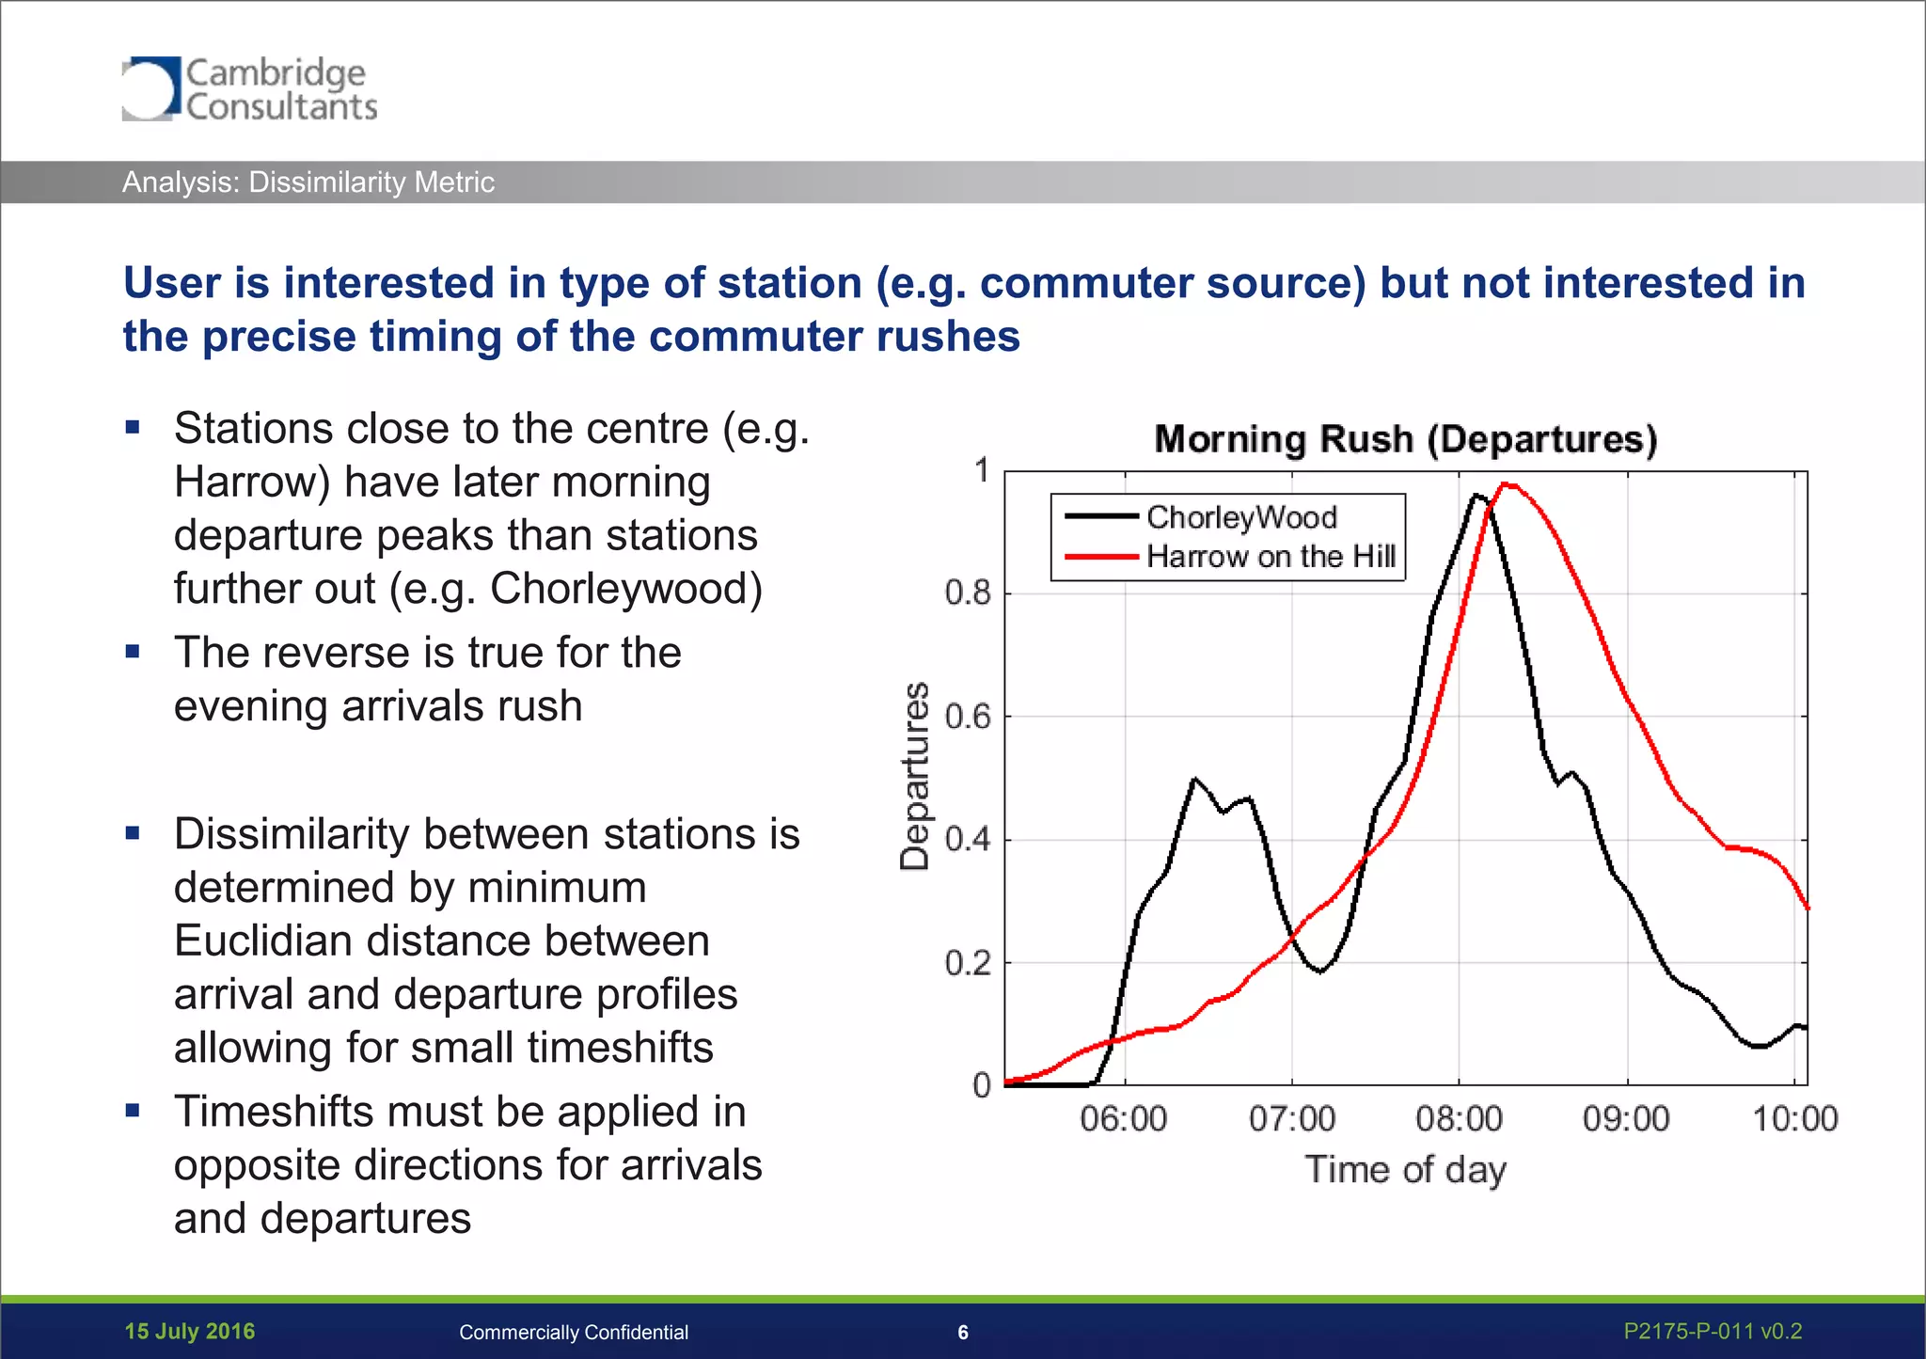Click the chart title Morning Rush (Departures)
point(1405,439)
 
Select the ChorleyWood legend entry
point(1240,516)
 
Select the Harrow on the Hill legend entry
point(1270,557)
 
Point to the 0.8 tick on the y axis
point(968,593)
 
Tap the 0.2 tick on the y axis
point(968,963)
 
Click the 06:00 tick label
point(1124,1119)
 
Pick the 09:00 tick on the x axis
point(1626,1119)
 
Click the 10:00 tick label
point(1794,1119)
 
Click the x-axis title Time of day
point(1405,1170)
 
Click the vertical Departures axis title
point(915,777)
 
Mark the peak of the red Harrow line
point(1507,484)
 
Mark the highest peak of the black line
point(1476,495)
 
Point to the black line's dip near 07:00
point(1320,972)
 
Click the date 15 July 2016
point(190,1332)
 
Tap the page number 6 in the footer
point(963,1333)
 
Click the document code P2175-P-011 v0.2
point(1713,1332)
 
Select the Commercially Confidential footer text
point(574,1333)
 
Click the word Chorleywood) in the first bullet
point(625,589)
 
